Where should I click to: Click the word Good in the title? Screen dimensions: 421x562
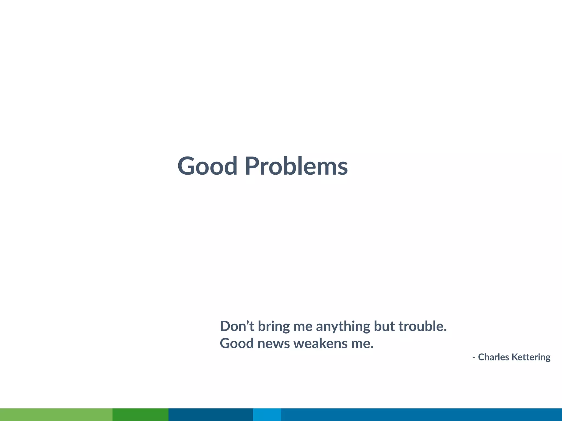tap(207, 166)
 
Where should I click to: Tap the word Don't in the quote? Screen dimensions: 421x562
tap(237, 326)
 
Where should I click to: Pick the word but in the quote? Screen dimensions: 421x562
tap(384, 326)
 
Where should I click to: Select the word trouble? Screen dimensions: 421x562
tap(422, 326)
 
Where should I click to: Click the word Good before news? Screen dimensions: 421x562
tap(237, 343)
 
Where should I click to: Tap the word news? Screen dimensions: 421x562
tap(274, 344)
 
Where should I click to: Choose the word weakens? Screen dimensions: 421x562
tap(321, 343)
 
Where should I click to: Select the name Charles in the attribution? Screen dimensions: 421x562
tap(493, 357)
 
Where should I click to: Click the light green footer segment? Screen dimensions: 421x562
tap(56, 414)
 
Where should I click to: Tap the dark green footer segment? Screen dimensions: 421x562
tap(140, 414)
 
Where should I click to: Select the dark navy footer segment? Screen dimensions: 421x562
tap(210, 414)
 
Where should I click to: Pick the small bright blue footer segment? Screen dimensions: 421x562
tap(267, 414)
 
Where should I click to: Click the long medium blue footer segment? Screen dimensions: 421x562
tap(421, 414)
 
